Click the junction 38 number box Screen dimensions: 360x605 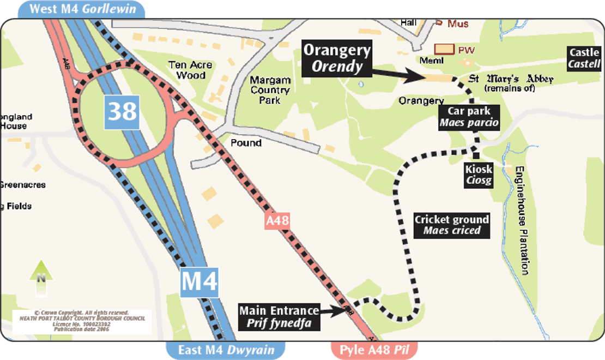(x=123, y=112)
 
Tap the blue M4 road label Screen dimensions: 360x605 (x=199, y=281)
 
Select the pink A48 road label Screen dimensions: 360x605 (x=277, y=221)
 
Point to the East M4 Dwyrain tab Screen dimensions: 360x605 (x=226, y=350)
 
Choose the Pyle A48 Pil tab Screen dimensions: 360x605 (x=374, y=350)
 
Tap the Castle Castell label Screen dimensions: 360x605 (x=584, y=58)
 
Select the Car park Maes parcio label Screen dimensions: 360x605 (x=469, y=117)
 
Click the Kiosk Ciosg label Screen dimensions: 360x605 (x=479, y=175)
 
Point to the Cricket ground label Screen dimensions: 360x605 (x=452, y=225)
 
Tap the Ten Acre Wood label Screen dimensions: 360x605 (x=190, y=70)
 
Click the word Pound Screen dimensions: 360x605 (x=246, y=143)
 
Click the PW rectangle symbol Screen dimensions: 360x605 (x=445, y=49)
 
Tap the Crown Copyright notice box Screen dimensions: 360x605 (x=82, y=322)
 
